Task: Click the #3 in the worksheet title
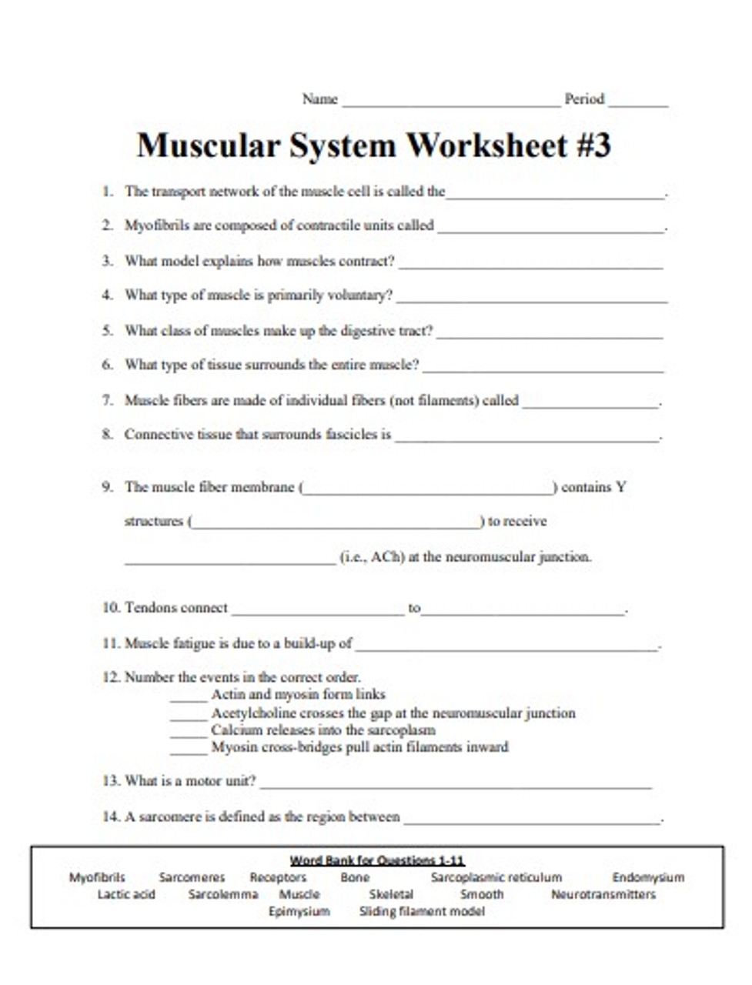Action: click(x=589, y=145)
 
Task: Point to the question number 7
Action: click(x=107, y=400)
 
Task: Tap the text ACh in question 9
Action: click(x=387, y=556)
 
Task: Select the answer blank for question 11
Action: click(x=506, y=647)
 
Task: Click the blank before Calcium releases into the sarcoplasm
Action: click(x=189, y=733)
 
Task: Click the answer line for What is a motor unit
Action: click(x=456, y=785)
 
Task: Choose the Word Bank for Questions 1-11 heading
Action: click(x=377, y=860)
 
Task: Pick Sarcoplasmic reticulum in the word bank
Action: click(x=496, y=877)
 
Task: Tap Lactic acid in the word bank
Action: click(x=126, y=894)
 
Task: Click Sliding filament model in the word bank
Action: click(x=422, y=912)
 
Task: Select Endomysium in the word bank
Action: click(x=648, y=877)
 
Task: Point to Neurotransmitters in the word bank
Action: click(x=603, y=894)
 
